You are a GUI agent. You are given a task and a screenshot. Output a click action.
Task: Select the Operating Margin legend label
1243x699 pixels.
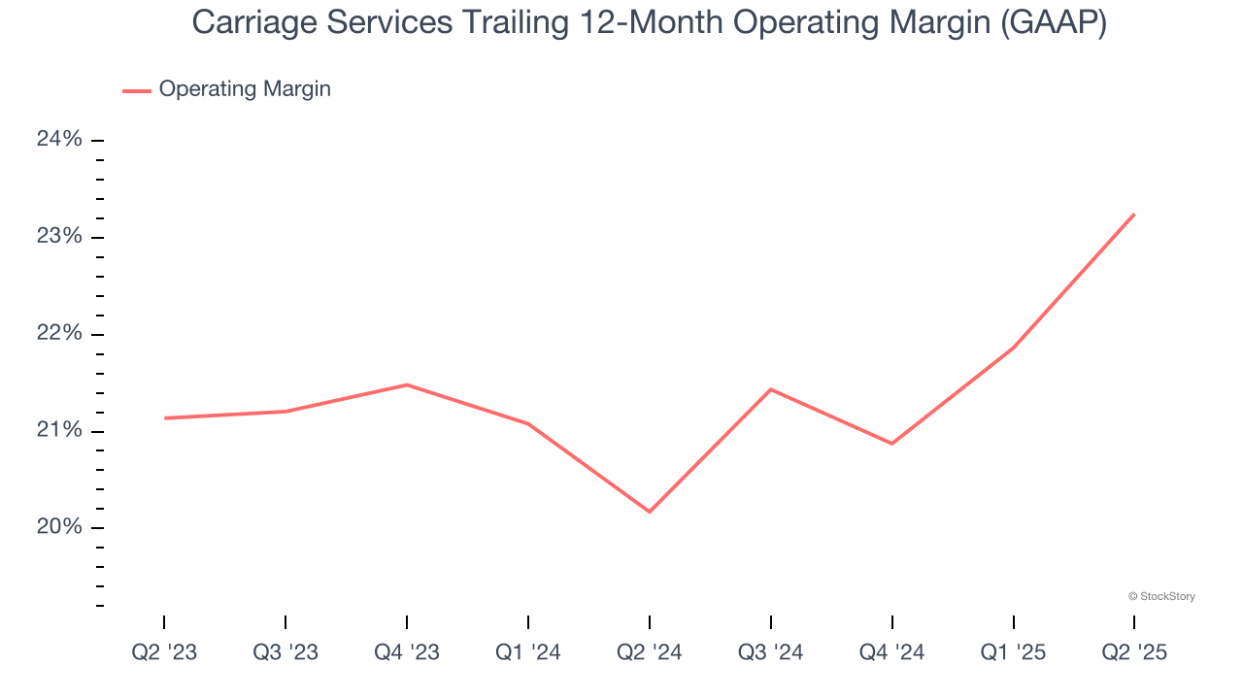tap(245, 89)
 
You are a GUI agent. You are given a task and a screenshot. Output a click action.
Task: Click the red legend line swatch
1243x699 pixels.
tap(137, 90)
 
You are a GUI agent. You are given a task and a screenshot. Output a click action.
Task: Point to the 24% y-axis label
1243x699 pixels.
tap(59, 140)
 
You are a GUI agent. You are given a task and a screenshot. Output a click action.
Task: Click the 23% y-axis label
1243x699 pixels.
tap(59, 237)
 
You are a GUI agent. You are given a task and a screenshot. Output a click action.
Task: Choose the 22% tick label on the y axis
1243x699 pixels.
tap(59, 334)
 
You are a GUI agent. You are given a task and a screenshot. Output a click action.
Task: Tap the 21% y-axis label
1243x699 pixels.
tap(59, 431)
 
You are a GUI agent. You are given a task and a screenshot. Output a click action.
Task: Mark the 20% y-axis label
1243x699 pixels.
tap(59, 527)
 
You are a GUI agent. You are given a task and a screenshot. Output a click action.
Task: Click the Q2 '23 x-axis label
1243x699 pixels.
tap(164, 652)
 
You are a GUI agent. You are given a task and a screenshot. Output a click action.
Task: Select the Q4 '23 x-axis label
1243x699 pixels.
tap(407, 652)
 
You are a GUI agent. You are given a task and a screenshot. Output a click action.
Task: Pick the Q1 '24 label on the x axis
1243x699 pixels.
tap(528, 652)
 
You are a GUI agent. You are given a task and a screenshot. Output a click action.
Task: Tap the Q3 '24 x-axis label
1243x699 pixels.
tap(771, 652)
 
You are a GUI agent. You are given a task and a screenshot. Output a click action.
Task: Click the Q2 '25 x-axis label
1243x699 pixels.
tap(1134, 652)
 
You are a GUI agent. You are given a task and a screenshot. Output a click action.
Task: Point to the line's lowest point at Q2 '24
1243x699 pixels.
tap(650, 512)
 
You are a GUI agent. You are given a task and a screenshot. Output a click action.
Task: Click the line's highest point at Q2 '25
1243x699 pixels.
tap(1134, 215)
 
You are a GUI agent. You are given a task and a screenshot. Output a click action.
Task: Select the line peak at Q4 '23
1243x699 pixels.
tap(407, 384)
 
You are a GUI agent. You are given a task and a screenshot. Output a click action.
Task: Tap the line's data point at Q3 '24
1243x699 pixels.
tap(771, 389)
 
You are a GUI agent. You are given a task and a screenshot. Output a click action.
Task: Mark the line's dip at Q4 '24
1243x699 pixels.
tap(892, 444)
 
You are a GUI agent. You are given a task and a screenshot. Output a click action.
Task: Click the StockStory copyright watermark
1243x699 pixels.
tap(1161, 596)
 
